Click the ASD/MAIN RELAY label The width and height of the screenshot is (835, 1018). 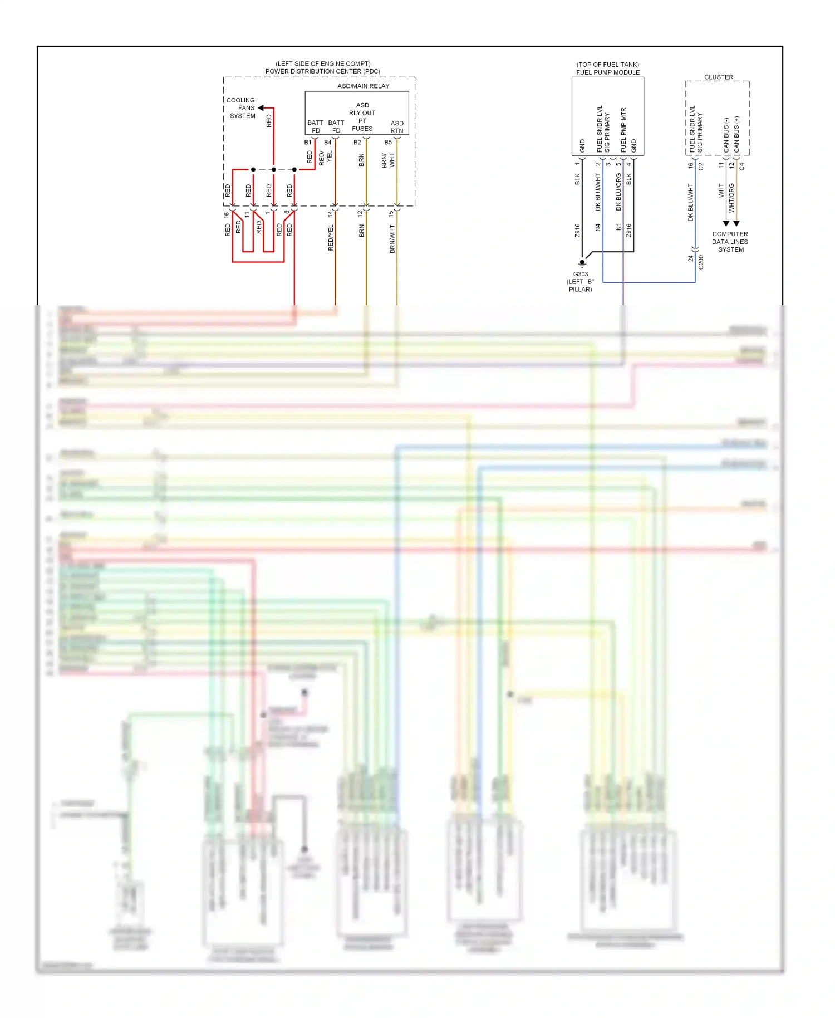363,86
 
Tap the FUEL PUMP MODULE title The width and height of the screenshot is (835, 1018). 608,72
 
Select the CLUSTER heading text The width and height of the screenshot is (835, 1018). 719,77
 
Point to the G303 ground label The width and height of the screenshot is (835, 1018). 581,274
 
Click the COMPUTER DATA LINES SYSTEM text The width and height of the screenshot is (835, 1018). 730,242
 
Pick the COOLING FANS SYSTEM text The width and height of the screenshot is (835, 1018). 242,108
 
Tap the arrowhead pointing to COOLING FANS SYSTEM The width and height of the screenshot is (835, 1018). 261,108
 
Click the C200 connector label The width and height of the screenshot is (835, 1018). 701,262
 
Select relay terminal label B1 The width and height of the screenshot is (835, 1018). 308,143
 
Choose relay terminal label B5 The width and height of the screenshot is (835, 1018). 388,143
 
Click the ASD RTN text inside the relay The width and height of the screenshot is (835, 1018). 397,127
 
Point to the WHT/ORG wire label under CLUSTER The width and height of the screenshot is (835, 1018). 732,198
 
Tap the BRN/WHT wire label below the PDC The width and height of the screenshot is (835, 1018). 392,239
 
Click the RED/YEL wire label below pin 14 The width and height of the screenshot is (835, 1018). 331,238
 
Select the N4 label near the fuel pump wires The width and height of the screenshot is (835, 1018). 598,227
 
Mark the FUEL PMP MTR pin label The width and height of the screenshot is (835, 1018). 623,130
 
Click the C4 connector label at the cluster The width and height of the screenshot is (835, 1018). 742,166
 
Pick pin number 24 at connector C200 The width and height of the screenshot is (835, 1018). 691,258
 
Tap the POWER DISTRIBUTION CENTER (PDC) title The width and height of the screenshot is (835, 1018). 323,71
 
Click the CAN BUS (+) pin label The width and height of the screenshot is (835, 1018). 736,134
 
